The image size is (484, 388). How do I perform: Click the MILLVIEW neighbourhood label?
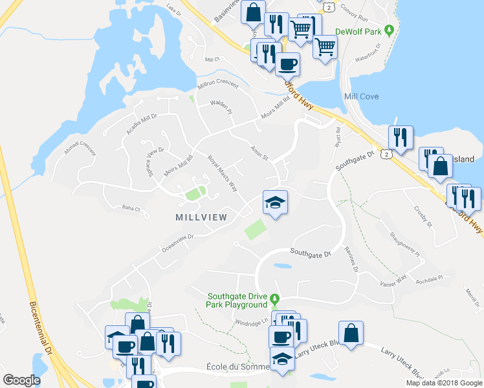pos(201,217)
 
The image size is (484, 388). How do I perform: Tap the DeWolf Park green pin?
pos(389,30)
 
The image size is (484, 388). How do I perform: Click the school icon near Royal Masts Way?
pos(274,203)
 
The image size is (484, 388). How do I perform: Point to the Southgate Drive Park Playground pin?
pos(274,299)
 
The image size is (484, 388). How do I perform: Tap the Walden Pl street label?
pos(220,107)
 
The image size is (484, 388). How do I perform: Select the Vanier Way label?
pos(393,278)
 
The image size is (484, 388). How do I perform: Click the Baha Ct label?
pos(131,208)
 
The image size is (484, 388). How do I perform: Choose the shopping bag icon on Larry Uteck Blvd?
pos(351,334)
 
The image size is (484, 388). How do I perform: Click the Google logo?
pos(21,380)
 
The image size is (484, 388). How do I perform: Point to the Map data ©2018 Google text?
pos(444,383)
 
